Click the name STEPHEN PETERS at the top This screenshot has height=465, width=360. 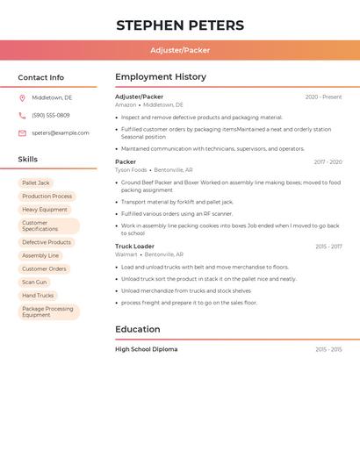click(180, 25)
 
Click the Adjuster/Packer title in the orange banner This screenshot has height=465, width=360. click(180, 50)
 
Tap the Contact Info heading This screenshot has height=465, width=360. click(41, 77)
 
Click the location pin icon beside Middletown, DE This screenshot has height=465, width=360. click(22, 97)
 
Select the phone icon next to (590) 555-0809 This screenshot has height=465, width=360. click(22, 115)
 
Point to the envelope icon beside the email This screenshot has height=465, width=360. click(22, 133)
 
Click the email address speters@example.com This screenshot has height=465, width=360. click(61, 133)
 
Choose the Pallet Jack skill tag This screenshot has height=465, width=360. click(36, 182)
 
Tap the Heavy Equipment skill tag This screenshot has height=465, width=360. click(45, 210)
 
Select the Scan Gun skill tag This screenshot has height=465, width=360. click(35, 282)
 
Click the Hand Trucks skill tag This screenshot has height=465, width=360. click(38, 296)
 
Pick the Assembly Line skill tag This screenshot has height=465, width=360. click(40, 255)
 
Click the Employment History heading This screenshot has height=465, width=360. click(161, 77)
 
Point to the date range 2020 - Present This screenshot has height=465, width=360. click(323, 97)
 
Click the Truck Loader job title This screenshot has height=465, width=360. click(134, 247)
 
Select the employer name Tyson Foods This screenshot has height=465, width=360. click(131, 169)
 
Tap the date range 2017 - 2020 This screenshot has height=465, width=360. click(328, 162)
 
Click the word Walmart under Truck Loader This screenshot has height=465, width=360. click(126, 254)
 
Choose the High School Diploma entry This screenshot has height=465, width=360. click(146, 349)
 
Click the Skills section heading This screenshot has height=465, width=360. click(28, 160)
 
